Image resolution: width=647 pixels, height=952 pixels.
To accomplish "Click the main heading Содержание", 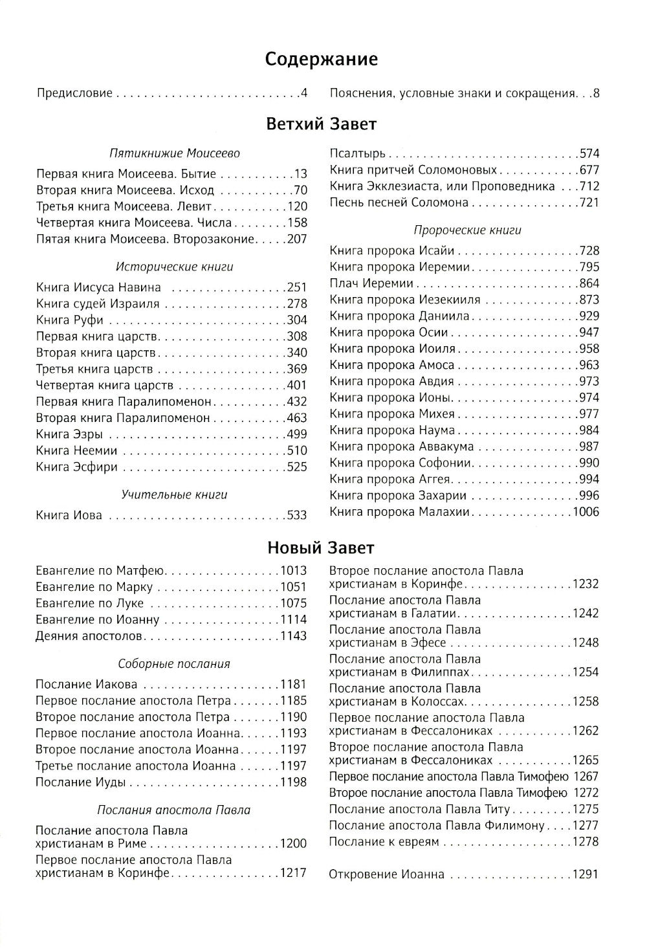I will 322,60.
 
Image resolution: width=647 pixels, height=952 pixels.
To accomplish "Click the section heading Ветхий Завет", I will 322,124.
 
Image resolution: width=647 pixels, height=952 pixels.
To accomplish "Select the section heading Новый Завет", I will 322,548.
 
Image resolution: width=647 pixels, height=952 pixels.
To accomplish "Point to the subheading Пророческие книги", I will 467,230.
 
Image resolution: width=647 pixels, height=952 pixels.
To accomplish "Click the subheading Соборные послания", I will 174,664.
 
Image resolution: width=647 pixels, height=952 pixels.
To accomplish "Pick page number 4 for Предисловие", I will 303,94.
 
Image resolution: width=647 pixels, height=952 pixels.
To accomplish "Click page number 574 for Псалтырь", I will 589,154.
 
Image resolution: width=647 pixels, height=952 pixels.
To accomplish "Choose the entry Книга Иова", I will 69,516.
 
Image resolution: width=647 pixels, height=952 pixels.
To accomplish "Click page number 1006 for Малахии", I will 585,512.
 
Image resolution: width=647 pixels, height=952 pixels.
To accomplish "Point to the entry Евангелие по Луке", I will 90,603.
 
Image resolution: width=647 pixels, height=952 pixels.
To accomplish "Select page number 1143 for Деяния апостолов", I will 293,636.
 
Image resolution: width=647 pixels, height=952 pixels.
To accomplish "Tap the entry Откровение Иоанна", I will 387,875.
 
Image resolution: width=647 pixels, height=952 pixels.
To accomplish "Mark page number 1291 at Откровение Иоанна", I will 585,875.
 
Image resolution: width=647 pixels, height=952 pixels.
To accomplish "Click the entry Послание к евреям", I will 384,842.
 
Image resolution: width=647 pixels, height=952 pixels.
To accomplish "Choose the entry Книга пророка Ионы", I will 390,397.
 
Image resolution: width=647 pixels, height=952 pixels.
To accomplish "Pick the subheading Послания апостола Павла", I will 174,810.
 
